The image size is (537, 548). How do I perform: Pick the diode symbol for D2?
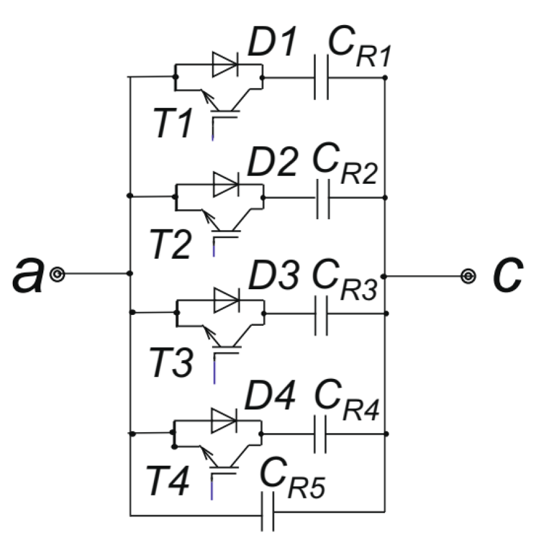[225, 184]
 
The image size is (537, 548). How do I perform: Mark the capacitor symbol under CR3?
[322, 314]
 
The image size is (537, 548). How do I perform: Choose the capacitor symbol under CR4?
[320, 434]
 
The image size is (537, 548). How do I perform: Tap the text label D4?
[270, 397]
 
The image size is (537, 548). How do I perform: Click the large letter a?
[26, 275]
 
